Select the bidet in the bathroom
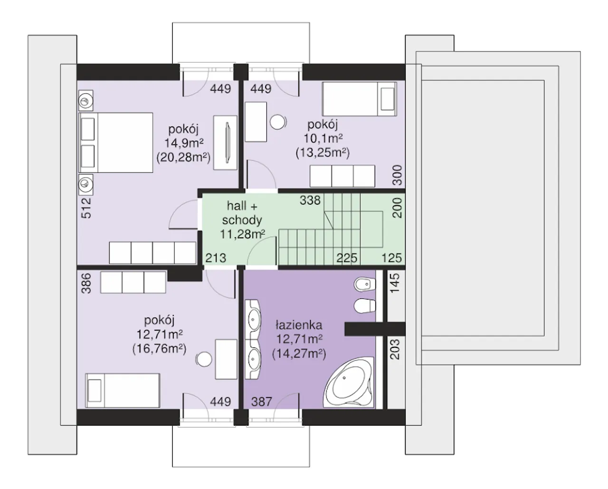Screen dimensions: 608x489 point(365,284)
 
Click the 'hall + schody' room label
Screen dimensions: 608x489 point(242,213)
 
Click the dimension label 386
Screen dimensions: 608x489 point(86,283)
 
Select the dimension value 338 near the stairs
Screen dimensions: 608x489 point(310,201)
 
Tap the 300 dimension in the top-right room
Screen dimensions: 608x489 point(397,175)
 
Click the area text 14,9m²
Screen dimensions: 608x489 point(184,144)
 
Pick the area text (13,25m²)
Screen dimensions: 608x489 point(323,153)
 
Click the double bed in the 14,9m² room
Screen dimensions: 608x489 point(116,143)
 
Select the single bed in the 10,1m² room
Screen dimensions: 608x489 point(360,99)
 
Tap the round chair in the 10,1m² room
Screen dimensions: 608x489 point(278,122)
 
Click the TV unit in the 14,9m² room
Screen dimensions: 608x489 point(225,143)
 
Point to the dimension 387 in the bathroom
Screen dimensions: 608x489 point(262,402)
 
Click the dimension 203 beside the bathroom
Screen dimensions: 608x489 point(395,349)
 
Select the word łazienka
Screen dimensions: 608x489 point(299,325)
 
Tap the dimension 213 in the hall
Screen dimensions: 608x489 point(216,258)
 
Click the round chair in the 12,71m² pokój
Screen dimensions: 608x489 point(204,360)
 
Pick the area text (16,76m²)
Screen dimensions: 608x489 point(159,349)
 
